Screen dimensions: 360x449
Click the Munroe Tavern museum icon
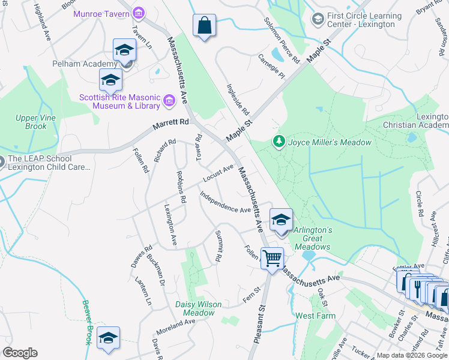coord(139,13)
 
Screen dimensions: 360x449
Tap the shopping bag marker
coord(204,26)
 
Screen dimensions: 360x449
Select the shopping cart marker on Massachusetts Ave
coord(273,259)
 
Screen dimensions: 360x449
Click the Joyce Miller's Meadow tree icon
coord(279,142)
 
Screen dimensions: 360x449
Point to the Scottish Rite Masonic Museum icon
coord(169,101)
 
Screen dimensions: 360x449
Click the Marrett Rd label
coord(170,122)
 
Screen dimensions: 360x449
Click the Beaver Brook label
coord(86,322)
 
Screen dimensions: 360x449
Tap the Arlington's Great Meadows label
coord(313,238)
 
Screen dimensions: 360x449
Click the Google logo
coord(20,353)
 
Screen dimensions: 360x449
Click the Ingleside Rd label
coord(237,99)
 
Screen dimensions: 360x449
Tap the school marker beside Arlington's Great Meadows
coord(281,220)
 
